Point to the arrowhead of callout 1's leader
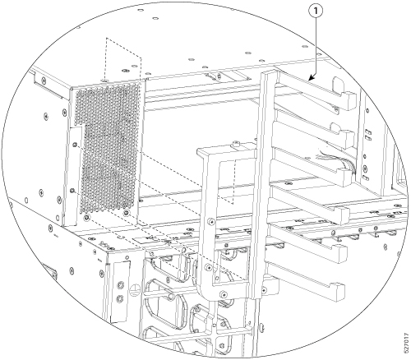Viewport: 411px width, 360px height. (x=311, y=79)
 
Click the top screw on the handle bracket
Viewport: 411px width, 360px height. (x=211, y=222)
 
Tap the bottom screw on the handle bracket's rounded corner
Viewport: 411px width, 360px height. (x=224, y=294)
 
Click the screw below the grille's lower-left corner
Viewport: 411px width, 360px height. (x=87, y=218)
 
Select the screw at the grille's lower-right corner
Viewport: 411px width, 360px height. (x=126, y=213)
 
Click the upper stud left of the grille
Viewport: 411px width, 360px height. (x=74, y=145)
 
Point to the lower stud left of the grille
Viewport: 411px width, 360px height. (x=72, y=191)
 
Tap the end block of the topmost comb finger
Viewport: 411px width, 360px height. (x=348, y=100)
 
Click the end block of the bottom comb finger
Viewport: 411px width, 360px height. (x=337, y=292)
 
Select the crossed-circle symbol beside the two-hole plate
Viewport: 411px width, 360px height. (x=134, y=289)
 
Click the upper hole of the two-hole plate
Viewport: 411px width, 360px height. (x=120, y=286)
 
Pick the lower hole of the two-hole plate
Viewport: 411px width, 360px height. (x=119, y=298)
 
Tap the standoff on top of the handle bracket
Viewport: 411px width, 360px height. (x=235, y=143)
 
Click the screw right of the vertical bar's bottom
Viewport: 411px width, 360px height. (x=264, y=289)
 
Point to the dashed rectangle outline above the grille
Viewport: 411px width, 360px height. (x=123, y=60)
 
